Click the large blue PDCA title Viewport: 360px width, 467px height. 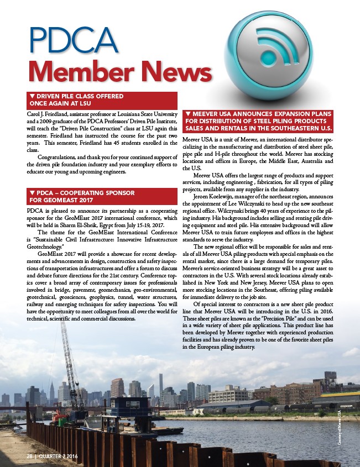(x=73, y=40)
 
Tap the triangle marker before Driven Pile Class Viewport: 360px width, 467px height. (x=32, y=96)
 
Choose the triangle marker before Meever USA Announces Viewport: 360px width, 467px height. (x=188, y=113)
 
